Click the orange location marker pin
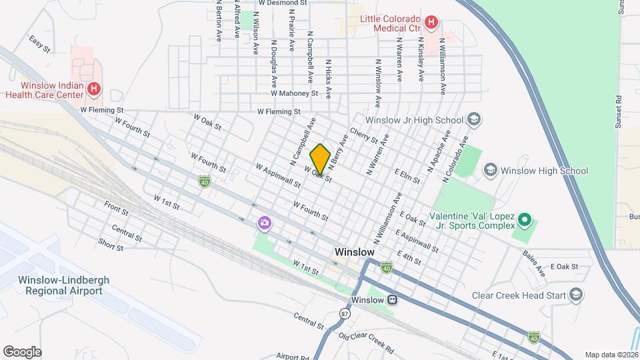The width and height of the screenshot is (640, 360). click(321, 159)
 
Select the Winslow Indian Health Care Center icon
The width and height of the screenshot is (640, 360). click(95, 88)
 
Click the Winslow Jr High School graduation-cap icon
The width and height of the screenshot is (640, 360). click(474, 120)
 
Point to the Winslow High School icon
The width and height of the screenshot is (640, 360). click(491, 171)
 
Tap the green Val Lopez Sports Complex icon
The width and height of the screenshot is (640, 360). click(525, 219)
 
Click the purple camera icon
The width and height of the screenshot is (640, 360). click(265, 223)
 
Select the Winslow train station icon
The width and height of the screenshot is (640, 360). click(393, 299)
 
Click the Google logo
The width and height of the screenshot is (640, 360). click(22, 351)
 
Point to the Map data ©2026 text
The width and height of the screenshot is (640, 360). click(611, 355)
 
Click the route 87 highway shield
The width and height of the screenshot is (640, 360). click(344, 313)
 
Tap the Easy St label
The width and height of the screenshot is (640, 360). click(40, 44)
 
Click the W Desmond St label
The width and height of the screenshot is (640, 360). click(283, 3)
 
